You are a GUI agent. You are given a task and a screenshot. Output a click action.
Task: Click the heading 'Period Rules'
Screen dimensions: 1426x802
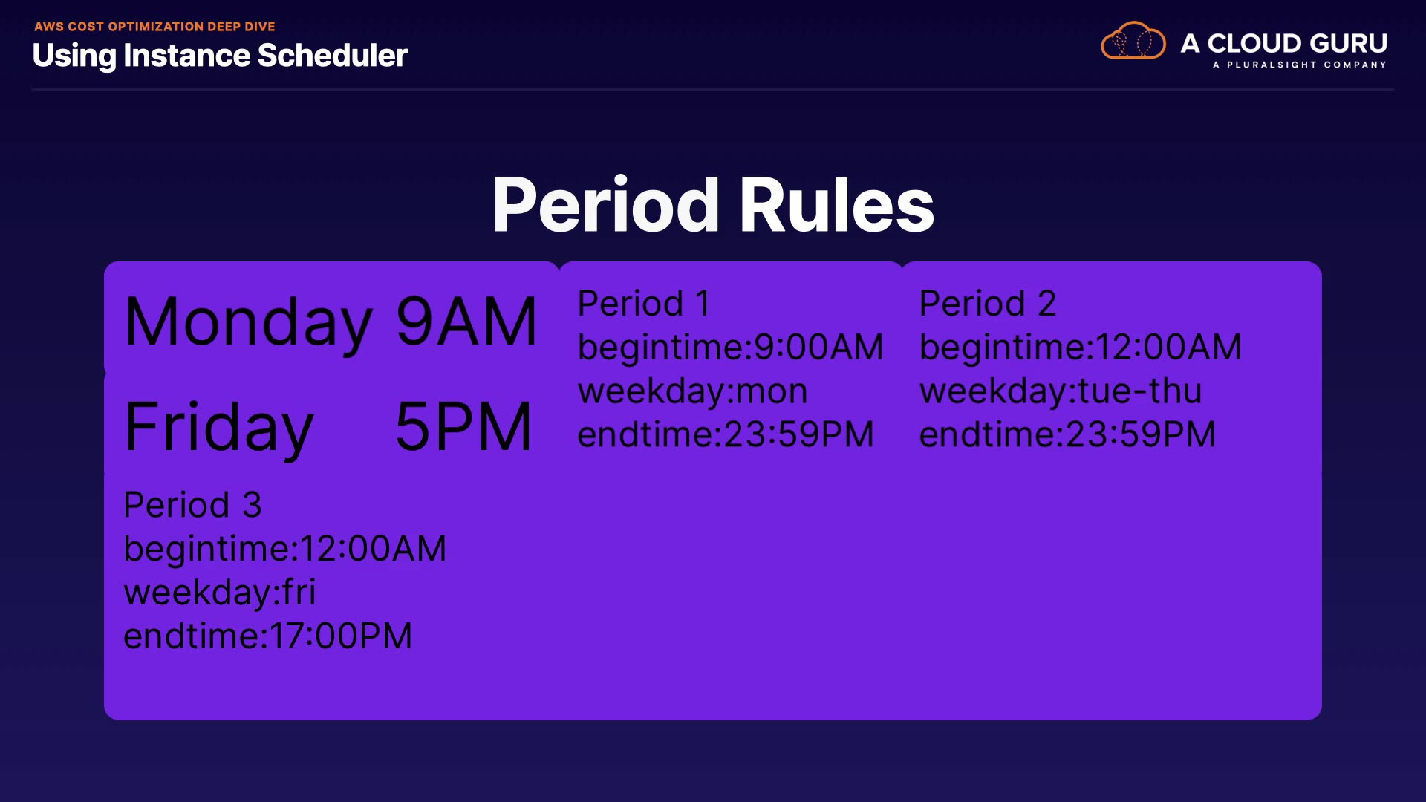[x=713, y=205]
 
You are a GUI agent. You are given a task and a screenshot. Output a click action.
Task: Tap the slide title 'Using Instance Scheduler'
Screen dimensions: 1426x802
[x=220, y=56]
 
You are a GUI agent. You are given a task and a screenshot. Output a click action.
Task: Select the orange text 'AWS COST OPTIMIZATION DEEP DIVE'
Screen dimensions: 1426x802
[x=154, y=27]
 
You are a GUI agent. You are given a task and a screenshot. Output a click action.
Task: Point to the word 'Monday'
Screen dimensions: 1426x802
[x=248, y=322]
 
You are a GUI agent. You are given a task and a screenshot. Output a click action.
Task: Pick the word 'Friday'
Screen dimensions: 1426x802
[x=219, y=427]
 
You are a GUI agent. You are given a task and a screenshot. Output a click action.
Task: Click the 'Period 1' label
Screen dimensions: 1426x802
[x=644, y=303]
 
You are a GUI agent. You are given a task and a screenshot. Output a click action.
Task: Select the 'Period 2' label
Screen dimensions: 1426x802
[x=988, y=303]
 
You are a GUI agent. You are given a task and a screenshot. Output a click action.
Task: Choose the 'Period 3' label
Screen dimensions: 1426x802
[x=192, y=505]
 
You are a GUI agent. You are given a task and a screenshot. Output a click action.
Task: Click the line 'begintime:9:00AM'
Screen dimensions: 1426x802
[x=731, y=348]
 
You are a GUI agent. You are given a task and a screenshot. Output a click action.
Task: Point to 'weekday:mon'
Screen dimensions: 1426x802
[x=692, y=391]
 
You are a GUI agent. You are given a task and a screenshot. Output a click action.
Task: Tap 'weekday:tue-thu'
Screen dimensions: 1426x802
[x=1061, y=391]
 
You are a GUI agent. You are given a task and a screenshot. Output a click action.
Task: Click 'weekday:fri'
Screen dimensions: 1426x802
[x=220, y=593]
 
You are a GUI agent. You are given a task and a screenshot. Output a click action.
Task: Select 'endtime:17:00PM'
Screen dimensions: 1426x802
[x=267, y=636]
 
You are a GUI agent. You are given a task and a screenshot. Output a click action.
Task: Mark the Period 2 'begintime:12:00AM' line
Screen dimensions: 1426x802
[x=1081, y=348]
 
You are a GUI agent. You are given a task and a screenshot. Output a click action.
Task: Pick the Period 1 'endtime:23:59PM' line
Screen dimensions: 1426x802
[x=726, y=434]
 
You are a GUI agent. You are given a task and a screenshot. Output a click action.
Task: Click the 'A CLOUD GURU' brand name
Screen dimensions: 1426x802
[x=1284, y=43]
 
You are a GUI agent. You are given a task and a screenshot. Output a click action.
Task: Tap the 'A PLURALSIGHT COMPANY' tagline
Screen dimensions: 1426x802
[x=1300, y=65]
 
